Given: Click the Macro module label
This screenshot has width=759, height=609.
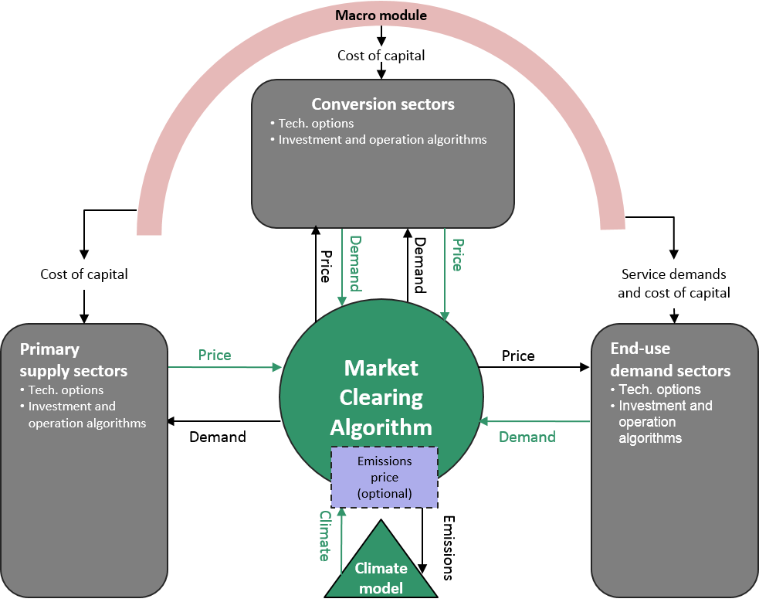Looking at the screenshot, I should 381,15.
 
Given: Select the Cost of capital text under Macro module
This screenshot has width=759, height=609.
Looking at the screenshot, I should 381,56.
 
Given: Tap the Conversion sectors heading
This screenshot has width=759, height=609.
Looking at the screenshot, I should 383,104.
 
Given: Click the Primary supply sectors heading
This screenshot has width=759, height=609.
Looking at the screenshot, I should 73,360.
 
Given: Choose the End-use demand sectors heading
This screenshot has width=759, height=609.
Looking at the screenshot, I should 670,360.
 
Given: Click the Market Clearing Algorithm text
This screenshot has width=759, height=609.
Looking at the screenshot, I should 381,397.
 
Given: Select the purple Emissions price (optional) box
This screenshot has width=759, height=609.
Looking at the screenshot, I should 385,475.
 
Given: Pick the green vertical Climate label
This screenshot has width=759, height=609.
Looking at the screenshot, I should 325,535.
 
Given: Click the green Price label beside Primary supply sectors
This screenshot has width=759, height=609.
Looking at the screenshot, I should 215,356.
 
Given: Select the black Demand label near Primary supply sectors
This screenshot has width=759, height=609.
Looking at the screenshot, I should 218,437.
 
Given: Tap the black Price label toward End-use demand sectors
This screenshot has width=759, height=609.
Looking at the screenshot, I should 518,356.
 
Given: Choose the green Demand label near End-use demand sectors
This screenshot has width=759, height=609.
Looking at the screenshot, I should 527,437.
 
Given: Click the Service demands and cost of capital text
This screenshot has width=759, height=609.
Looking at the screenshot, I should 674,284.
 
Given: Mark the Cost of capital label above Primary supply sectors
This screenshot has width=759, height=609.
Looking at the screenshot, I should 84,274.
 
